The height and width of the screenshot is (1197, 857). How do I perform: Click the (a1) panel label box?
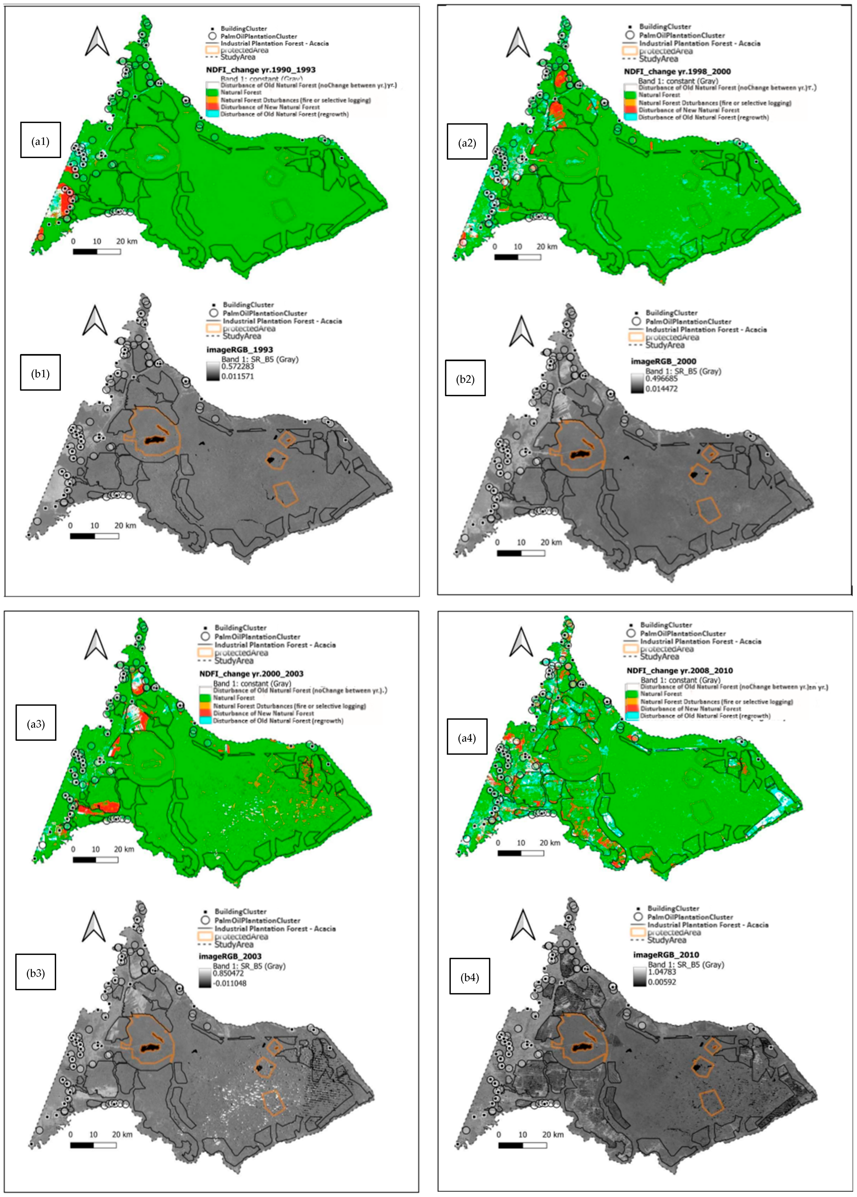coord(41,140)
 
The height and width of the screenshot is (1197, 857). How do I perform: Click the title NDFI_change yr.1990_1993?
coord(261,70)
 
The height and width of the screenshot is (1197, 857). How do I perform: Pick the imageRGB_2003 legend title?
coord(237,956)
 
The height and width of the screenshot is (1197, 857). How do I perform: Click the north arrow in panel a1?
coord(97,42)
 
